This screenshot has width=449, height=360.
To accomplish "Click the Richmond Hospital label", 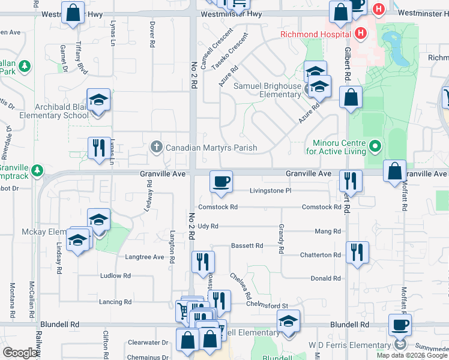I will tap(315, 34).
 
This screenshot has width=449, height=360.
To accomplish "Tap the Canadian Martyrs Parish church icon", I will tap(156, 147).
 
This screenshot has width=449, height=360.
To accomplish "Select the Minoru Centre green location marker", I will tap(375, 146).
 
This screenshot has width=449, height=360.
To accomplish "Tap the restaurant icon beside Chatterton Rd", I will tap(357, 252).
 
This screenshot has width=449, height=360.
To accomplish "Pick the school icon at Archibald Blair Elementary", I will tap(98, 99).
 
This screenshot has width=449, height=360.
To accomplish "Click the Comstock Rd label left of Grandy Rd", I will tap(218, 207).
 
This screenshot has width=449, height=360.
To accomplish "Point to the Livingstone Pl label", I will tap(271, 191).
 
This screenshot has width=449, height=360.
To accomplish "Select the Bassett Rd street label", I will tap(247, 246).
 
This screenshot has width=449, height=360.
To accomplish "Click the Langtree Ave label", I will tap(144, 257).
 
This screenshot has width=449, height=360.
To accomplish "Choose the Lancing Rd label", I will tap(115, 302).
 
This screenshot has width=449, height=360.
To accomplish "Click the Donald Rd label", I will tap(326, 278).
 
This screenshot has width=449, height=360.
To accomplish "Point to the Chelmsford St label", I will tap(268, 306).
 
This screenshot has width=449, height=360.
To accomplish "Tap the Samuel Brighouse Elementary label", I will tap(267, 90).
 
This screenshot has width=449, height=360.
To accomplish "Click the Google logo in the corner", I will tap(20, 353).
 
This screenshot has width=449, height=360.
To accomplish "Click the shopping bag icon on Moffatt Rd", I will tap(396, 171).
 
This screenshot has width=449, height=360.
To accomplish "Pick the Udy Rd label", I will tap(207, 226).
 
